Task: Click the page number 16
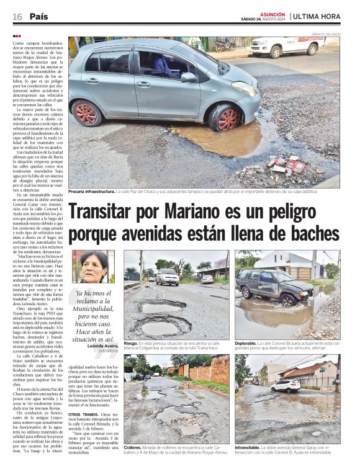tap(17, 16)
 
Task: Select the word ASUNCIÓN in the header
tap(272, 13)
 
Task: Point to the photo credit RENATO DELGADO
tap(325, 33)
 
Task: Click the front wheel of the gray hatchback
tap(227, 118)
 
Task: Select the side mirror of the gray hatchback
tap(187, 78)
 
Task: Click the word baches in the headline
tap(309, 235)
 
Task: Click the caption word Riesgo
tap(131, 342)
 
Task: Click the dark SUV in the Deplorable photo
tap(274, 285)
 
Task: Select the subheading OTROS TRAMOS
tap(82, 414)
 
